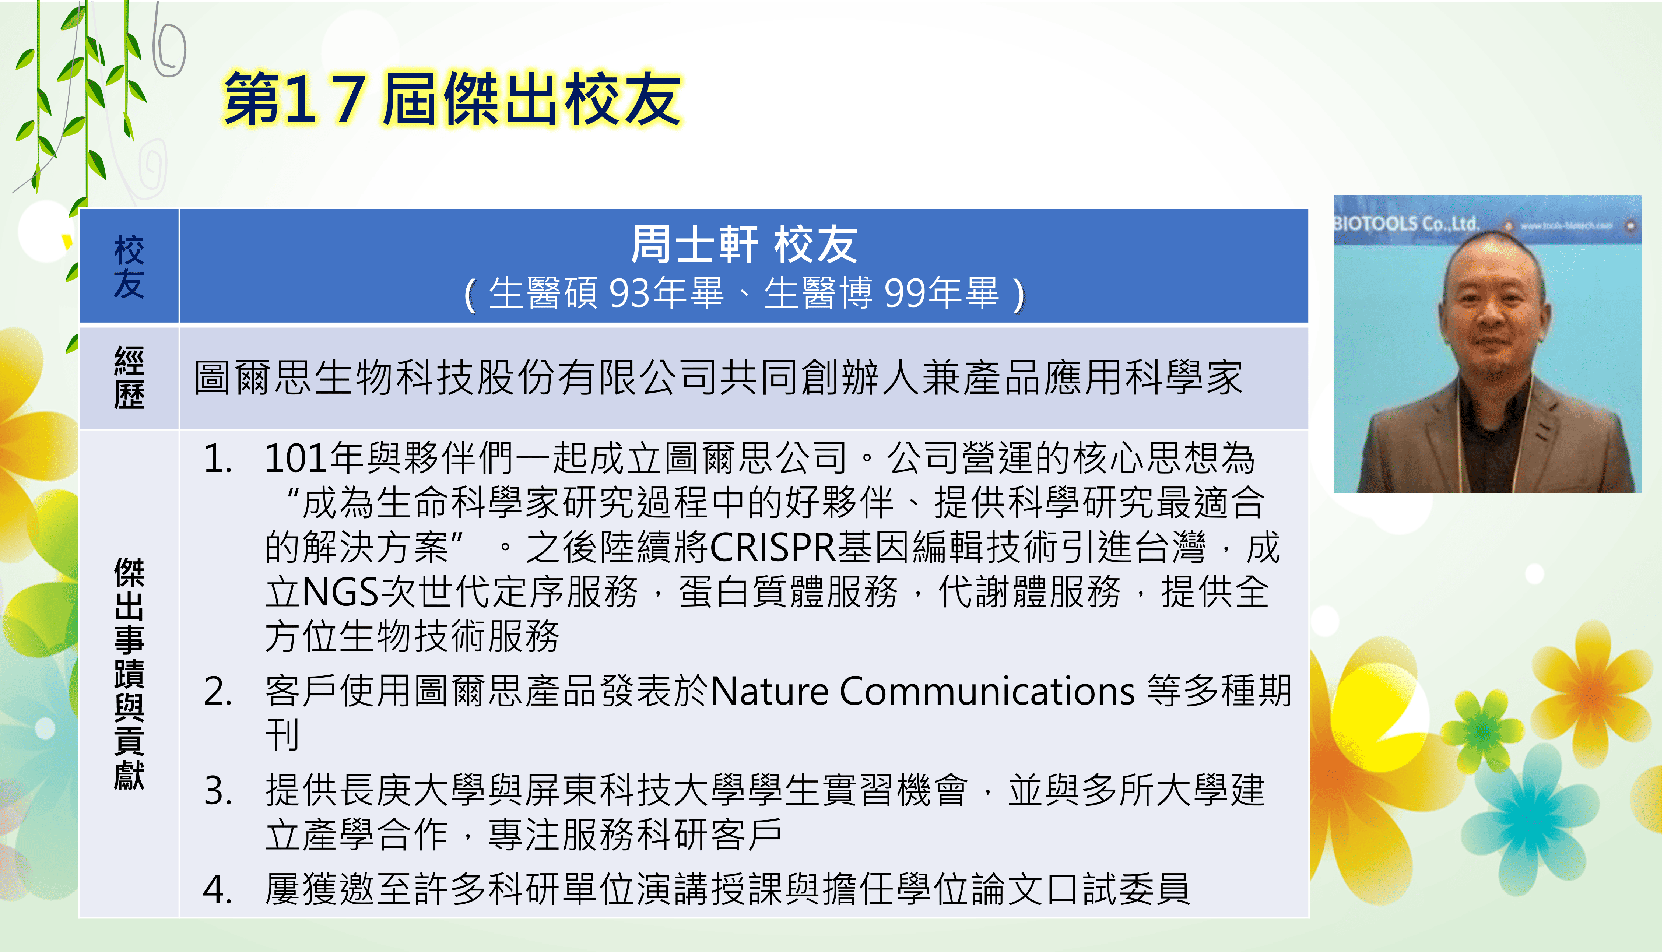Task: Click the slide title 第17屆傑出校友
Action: (452, 99)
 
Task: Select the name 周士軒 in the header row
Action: (694, 245)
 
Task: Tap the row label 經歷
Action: (129, 378)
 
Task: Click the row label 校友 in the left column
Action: (129, 267)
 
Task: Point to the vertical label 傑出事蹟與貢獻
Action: (129, 674)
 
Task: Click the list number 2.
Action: (218, 691)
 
